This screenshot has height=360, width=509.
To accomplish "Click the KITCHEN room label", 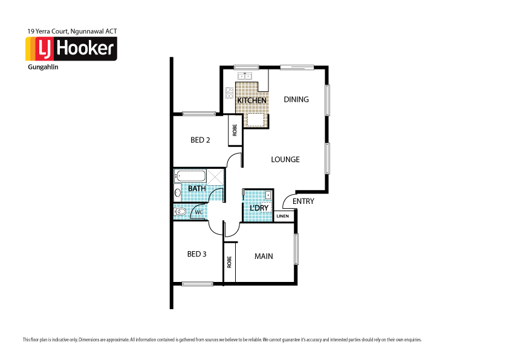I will pyautogui.click(x=251, y=100).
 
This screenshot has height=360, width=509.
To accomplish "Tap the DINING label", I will pyautogui.click(x=296, y=99).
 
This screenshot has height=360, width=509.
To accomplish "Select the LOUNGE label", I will pyautogui.click(x=285, y=160).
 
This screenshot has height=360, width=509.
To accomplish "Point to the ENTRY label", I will pyautogui.click(x=303, y=201).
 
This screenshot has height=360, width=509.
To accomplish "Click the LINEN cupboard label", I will pyautogui.click(x=283, y=216).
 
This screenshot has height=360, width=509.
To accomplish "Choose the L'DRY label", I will pyautogui.click(x=259, y=208).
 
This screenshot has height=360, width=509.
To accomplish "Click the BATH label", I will pyautogui.click(x=196, y=189).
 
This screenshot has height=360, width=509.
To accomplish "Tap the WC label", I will pyautogui.click(x=198, y=212).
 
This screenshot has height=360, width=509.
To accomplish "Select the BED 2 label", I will pyautogui.click(x=200, y=140).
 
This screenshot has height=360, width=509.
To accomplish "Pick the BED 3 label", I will pyautogui.click(x=196, y=254).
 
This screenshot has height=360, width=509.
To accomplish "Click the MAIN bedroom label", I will pyautogui.click(x=263, y=256).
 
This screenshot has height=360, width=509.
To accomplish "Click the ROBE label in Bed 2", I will pyautogui.click(x=235, y=130).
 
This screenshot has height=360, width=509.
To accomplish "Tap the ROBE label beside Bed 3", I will pyautogui.click(x=229, y=262).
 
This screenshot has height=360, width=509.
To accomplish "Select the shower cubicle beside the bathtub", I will pyautogui.click(x=215, y=177).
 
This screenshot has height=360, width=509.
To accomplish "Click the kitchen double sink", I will pyautogui.click(x=245, y=76).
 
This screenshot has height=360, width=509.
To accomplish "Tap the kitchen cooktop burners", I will pyautogui.click(x=229, y=93).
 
